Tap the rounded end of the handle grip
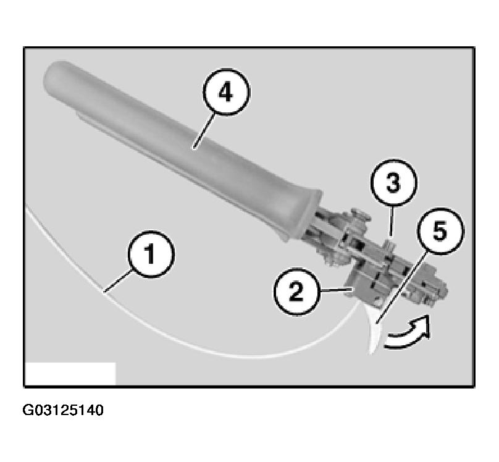52,77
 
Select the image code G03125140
64,410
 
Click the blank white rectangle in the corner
70,373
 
